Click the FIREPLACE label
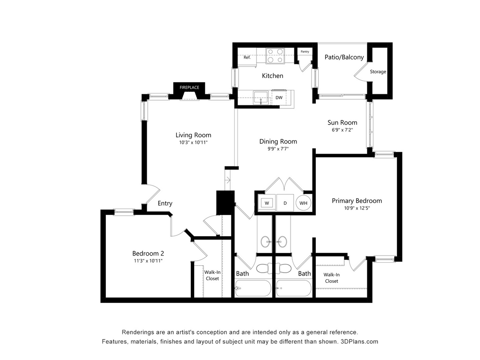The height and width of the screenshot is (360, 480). pyautogui.click(x=189, y=87)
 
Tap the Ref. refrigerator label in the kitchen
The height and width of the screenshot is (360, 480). pyautogui.click(x=247, y=57)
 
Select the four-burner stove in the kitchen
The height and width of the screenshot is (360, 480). pyautogui.click(x=275, y=56)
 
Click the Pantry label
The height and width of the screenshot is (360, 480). pyautogui.click(x=305, y=52)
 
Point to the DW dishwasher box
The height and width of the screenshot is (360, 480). pyautogui.click(x=279, y=98)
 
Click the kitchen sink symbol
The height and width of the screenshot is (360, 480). pyautogui.click(x=261, y=97)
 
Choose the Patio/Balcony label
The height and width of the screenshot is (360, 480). pyautogui.click(x=344, y=57)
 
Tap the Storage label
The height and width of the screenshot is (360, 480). pyautogui.click(x=378, y=72)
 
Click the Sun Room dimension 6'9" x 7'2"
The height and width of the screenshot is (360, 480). pyautogui.click(x=343, y=130)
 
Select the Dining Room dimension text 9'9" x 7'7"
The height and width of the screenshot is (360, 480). pyautogui.click(x=278, y=149)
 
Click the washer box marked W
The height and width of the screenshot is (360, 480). pyautogui.click(x=267, y=203)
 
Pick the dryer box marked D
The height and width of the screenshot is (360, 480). pyautogui.click(x=285, y=203)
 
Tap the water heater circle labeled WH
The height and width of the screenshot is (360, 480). pyautogui.click(x=303, y=203)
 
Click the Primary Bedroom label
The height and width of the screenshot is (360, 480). pyautogui.click(x=357, y=201)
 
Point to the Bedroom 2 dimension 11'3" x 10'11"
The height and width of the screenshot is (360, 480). pyautogui.click(x=147, y=261)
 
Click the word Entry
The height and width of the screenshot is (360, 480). pyautogui.click(x=165, y=203)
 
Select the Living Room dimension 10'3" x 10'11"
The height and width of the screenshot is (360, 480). pyautogui.click(x=193, y=143)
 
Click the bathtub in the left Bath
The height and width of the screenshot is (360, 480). pyautogui.click(x=253, y=288)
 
